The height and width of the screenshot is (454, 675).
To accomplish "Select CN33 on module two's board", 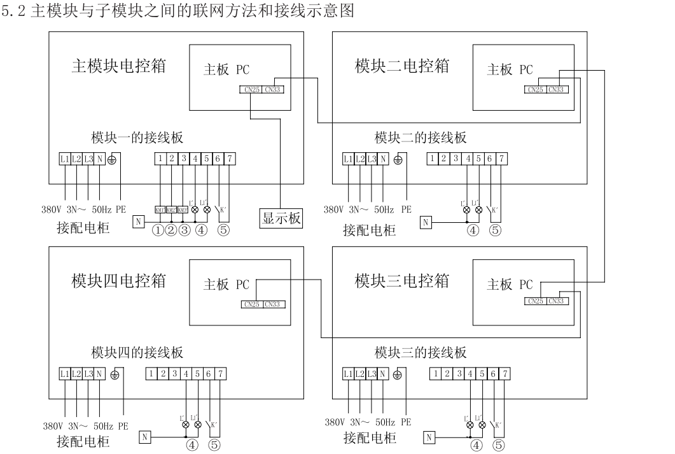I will coord(556,90).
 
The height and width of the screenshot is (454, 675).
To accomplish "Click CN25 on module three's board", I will coord(536,301).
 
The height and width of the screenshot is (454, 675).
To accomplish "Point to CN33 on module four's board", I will coord(274,304).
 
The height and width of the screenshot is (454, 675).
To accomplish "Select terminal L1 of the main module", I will coord(65,158).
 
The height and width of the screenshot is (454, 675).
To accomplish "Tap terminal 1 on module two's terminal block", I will coord(433,158).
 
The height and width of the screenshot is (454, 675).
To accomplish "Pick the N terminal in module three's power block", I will coord(384,374).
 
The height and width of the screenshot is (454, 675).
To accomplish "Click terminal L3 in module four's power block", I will coord(88,374).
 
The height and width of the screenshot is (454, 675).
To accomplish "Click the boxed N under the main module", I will coord(139,222).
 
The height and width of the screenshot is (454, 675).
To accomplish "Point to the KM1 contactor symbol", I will coord(160,209).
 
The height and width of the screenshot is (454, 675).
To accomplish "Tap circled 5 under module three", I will coord(500,446).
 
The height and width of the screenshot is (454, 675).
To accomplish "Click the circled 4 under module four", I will coord(192,446).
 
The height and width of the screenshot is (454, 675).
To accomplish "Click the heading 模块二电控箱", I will coord(401,66).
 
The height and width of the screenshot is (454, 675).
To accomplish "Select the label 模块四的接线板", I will coord(137,353).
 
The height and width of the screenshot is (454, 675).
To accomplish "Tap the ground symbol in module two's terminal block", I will coord(398,158).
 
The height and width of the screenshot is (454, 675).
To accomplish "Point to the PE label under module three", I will coord(406,422).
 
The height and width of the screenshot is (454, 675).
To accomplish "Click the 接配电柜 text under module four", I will coord(83,441).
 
